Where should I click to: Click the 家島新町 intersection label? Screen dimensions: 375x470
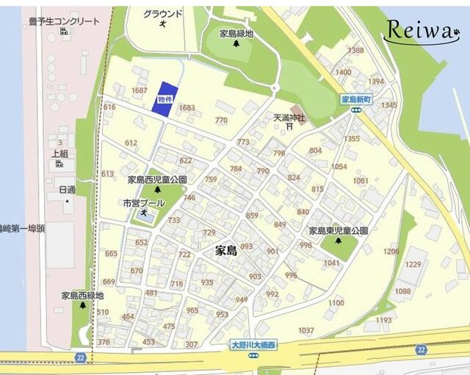click(357, 99)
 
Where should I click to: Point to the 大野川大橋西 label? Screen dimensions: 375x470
click(253, 344)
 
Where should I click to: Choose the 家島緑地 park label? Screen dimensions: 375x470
click(236, 34)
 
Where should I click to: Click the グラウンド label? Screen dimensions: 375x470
click(162, 14)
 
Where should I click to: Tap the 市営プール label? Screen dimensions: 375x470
click(143, 203)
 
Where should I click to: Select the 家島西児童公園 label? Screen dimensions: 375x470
click(157, 179)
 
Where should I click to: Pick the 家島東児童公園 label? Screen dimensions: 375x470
click(338, 230)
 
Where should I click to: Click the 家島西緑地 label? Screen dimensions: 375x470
click(82, 296)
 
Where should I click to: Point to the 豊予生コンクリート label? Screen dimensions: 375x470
click(63, 21)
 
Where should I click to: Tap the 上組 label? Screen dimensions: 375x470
click(60, 153)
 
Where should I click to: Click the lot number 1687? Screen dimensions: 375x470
click(139, 90)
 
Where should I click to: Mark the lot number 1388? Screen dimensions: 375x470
click(356, 50)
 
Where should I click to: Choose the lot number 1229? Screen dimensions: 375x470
click(413, 264)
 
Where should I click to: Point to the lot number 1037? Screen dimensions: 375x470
click(306, 330)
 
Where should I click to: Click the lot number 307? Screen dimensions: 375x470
click(192, 344)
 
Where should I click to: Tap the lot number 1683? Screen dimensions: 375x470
click(187, 107)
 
